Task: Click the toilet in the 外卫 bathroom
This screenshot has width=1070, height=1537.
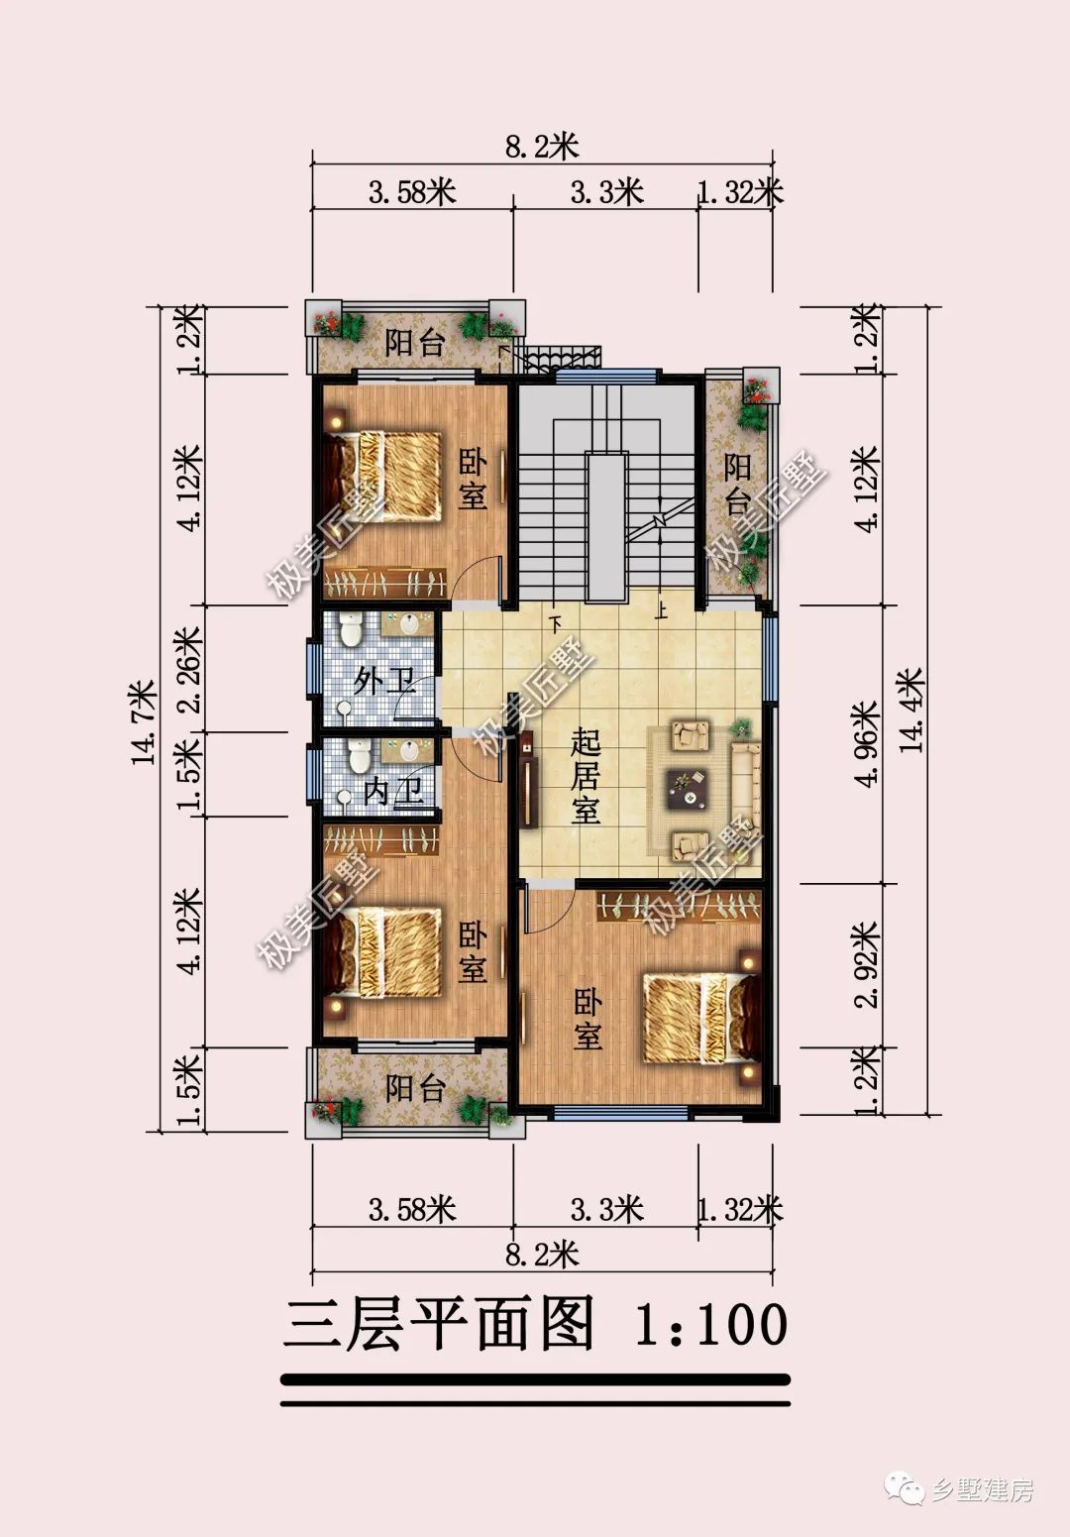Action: (351, 629)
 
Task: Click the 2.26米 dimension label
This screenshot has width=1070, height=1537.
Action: (190, 670)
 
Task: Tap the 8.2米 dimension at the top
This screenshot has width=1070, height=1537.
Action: (542, 147)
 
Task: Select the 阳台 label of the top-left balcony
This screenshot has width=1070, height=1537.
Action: (415, 343)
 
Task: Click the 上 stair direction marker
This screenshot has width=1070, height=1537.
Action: (661, 609)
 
